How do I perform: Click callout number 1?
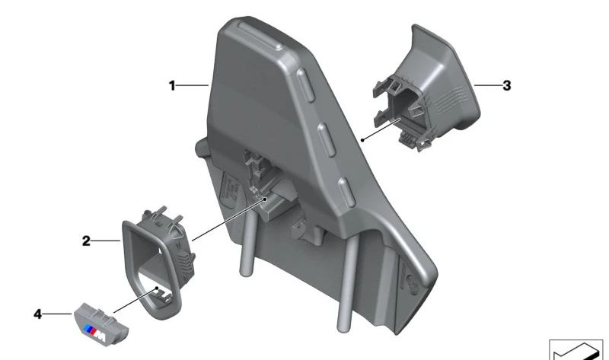tap(173, 86)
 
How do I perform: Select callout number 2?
tap(87, 241)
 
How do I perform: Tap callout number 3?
tap(506, 86)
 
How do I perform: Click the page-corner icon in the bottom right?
tap(576, 350)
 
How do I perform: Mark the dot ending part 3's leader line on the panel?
tap(364, 141)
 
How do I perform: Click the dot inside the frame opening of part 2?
tap(158, 289)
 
